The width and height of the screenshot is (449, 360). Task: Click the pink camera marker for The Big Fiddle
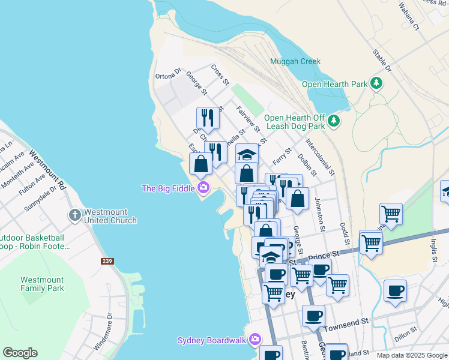203,188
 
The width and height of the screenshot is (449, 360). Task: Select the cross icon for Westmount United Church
74,215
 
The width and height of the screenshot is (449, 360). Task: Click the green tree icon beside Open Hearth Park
376,83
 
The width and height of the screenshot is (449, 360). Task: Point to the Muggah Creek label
295,62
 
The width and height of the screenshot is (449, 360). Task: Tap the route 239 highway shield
107,262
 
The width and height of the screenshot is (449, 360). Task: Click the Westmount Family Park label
42,284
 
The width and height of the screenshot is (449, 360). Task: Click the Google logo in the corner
20,353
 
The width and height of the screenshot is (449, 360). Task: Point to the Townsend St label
345,323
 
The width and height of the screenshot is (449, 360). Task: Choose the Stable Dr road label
383,61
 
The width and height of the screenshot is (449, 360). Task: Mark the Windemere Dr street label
103,331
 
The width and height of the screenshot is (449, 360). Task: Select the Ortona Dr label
168,74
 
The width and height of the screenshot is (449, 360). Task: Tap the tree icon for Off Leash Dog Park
334,122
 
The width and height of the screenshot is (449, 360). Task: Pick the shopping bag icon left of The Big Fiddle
200,164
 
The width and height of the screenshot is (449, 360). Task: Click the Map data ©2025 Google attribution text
412,355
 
